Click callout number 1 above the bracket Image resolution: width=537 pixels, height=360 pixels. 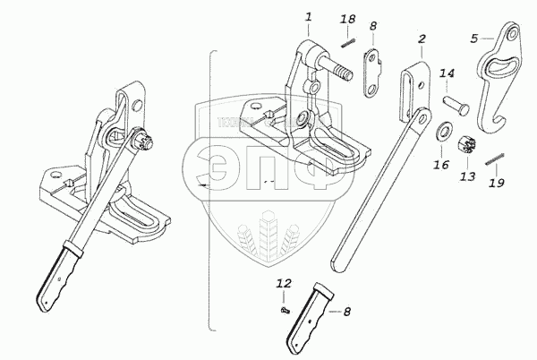point(308,16)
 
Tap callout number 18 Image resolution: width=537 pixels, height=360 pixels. point(349,19)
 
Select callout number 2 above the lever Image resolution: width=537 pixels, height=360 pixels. point(421,39)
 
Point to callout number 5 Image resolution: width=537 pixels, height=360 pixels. point(476,38)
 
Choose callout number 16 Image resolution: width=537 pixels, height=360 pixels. point(439,166)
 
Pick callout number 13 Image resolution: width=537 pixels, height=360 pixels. point(465,178)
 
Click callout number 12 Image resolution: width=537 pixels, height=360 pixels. point(284,283)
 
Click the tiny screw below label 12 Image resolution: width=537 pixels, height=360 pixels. point(284,307)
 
